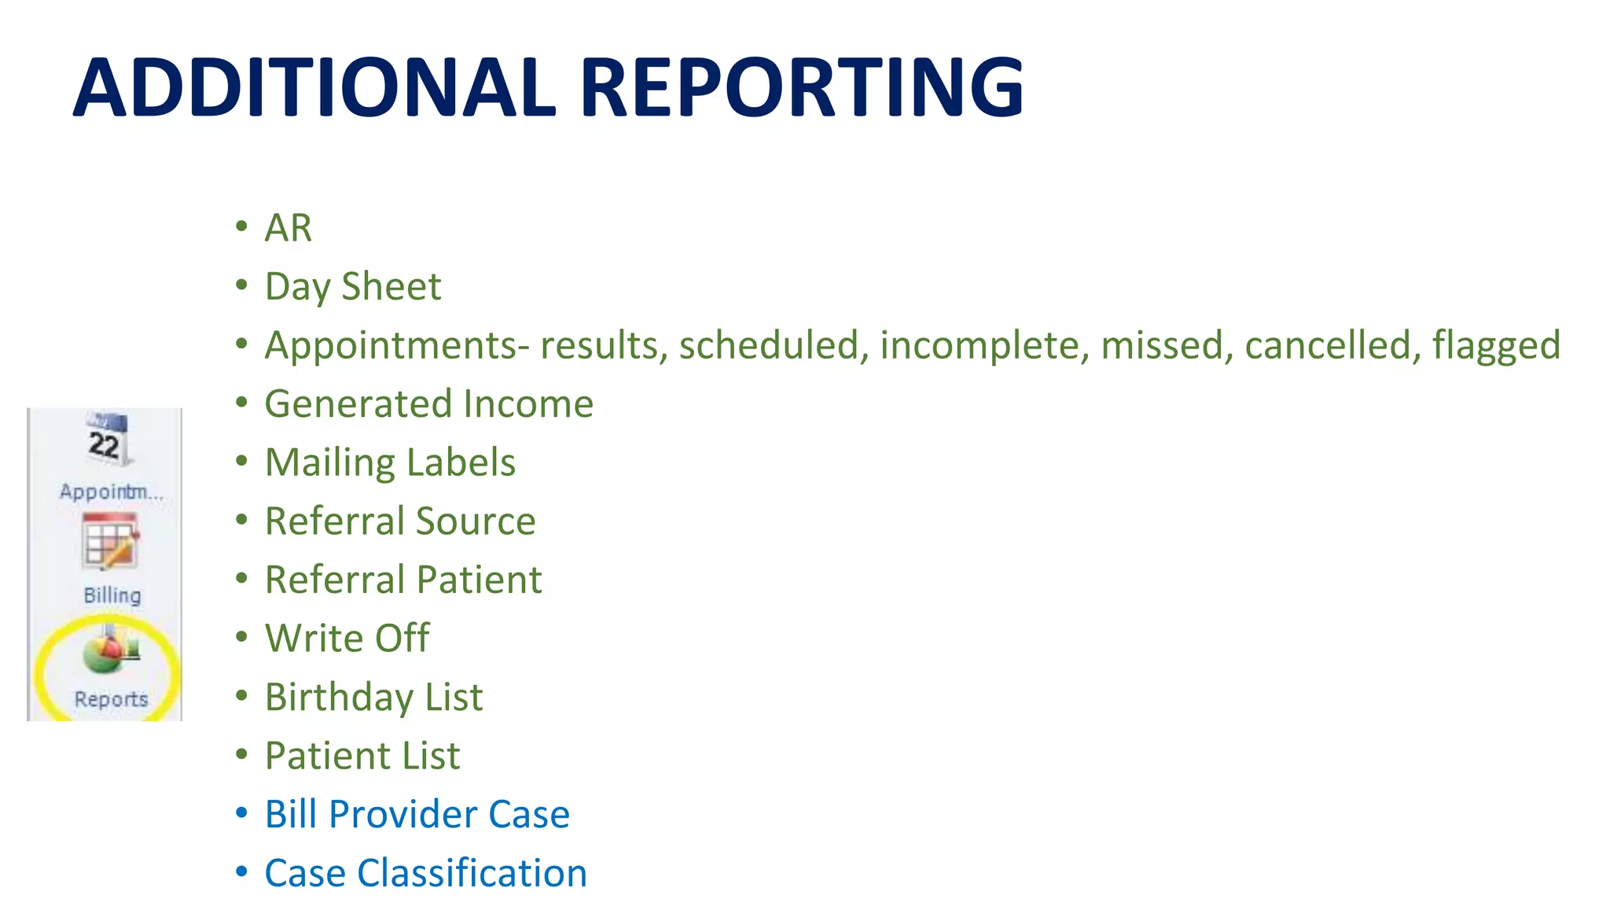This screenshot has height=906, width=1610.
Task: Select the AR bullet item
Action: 289,228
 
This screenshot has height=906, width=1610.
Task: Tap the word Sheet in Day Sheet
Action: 391,286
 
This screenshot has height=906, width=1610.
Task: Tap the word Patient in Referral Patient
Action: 480,580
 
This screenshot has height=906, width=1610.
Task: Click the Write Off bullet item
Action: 347,639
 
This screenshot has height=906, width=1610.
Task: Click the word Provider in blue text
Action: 402,815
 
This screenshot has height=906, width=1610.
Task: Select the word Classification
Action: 472,874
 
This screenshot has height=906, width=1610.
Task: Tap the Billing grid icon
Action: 110,541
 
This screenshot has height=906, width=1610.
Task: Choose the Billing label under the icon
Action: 112,595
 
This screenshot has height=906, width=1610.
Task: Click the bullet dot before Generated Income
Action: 242,403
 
